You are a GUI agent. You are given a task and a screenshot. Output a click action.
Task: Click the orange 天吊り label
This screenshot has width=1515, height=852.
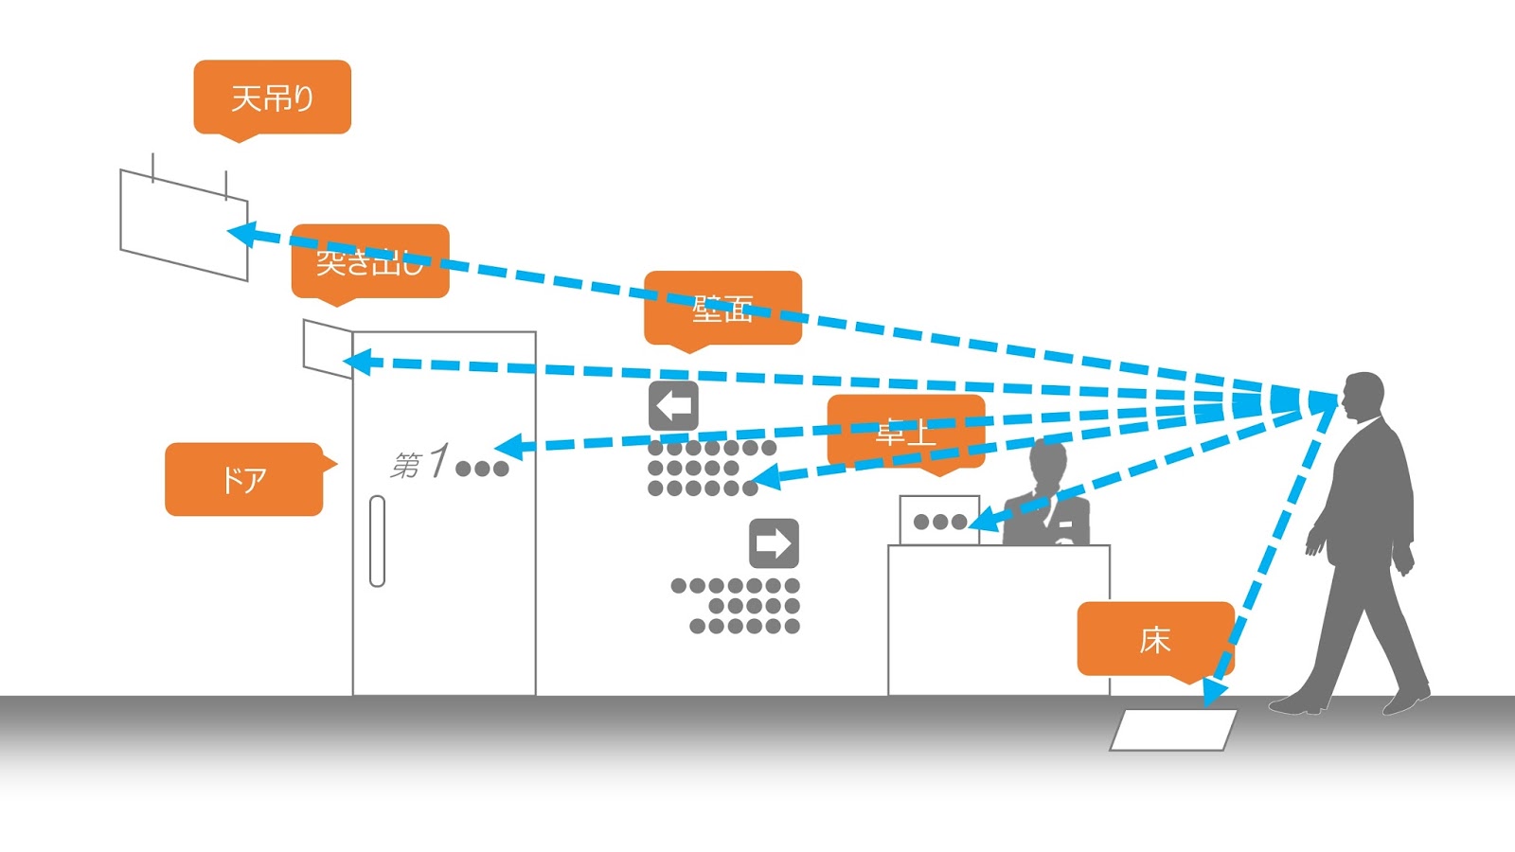coord(272,97)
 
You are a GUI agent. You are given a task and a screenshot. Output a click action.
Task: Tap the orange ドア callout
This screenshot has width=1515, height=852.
coord(243,479)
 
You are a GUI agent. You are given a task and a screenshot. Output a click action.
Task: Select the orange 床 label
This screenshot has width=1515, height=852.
coord(1154,639)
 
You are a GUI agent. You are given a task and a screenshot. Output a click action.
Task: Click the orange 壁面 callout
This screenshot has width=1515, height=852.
coord(722,308)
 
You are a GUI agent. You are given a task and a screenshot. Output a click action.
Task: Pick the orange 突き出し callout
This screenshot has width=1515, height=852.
coord(369,261)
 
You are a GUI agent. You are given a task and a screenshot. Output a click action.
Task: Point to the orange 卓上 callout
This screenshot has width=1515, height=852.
coord(905,432)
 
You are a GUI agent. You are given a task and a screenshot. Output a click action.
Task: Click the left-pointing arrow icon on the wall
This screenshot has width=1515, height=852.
coord(673,406)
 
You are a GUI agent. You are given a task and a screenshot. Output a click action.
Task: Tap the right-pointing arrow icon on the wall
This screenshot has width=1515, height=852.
coord(774,543)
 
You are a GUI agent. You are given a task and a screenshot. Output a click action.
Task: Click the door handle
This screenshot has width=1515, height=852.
coord(377,541)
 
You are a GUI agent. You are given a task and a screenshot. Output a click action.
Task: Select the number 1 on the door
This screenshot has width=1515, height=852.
coord(437,461)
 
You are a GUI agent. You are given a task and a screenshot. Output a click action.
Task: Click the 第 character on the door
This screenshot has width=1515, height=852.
coord(406,465)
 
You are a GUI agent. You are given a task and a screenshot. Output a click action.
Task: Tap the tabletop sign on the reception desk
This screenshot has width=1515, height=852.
coord(938,520)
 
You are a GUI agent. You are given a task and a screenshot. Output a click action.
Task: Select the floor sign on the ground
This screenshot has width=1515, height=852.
coord(1173,730)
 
